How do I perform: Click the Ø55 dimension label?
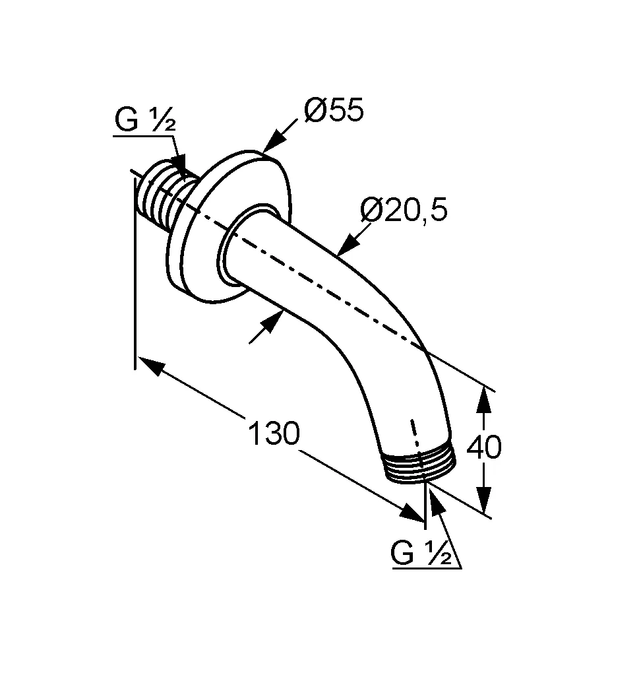(334, 111)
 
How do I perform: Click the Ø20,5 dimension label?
(404, 211)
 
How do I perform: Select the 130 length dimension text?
(273, 434)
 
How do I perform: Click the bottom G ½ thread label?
(421, 554)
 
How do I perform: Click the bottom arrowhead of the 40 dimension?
(484, 498)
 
